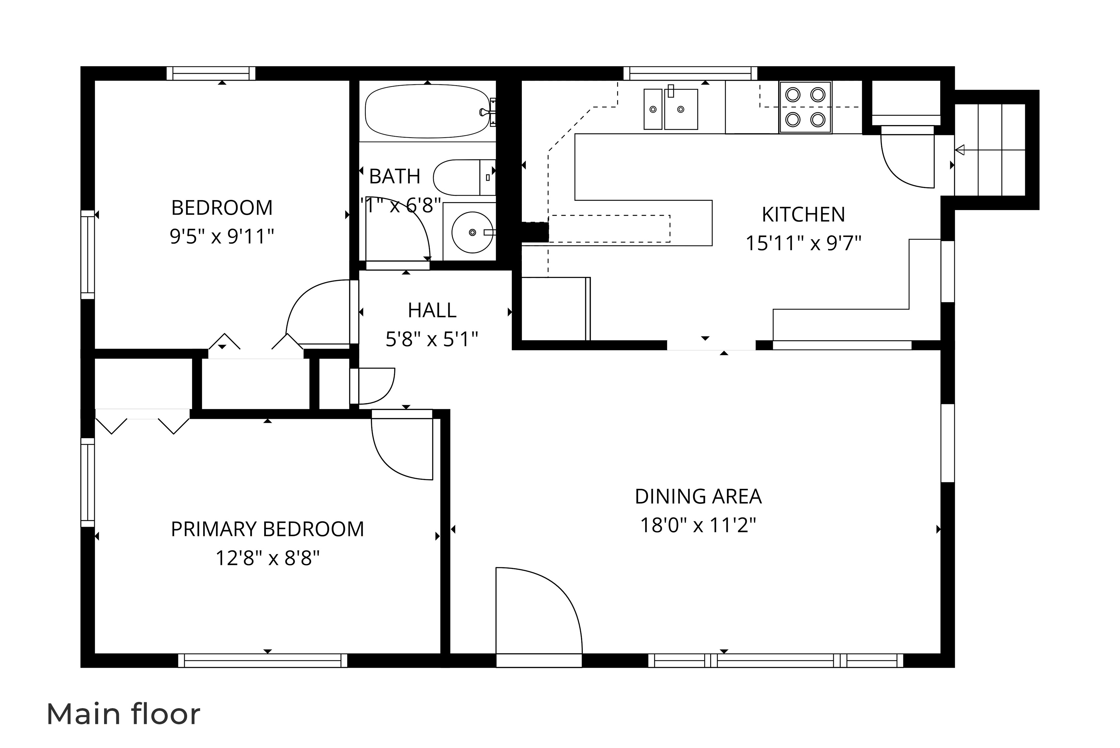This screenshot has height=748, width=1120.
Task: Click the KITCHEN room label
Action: coord(803,215)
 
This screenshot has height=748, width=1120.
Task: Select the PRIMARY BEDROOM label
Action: coord(267,529)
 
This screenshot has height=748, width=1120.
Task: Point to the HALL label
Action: coord(432,310)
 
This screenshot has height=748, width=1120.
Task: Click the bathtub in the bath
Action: coord(428,111)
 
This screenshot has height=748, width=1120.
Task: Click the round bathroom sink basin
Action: coord(472,232)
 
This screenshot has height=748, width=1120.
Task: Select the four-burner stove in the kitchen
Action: coord(805,107)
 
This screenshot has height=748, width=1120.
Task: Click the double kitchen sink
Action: coord(670,109)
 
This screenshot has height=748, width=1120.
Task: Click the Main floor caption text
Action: coord(123,714)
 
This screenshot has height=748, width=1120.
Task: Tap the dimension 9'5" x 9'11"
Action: coord(222,236)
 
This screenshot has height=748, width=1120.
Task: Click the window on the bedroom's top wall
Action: coord(211,73)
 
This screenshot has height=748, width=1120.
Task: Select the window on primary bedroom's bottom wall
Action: coord(263,660)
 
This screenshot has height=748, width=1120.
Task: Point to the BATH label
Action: coord(395,176)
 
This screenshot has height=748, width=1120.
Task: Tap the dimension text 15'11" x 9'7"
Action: coord(803,243)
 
